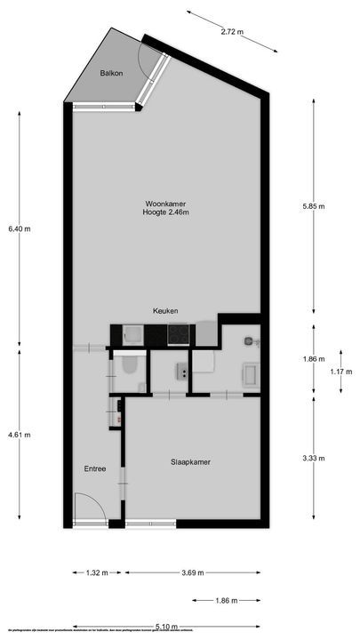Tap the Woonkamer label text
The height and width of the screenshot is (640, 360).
click(166, 203)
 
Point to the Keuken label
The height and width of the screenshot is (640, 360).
click(165, 311)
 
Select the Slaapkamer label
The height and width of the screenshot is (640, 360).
click(190, 462)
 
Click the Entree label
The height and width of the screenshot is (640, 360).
click(95, 468)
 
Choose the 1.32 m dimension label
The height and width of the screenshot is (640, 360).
click(97, 573)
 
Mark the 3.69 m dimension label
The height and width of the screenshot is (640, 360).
click(196, 573)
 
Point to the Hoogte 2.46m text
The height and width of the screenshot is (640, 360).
click(166, 212)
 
